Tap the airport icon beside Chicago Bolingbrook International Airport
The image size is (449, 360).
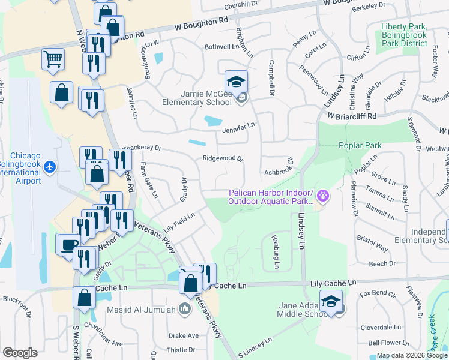[50, 166]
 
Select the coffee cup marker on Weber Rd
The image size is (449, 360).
[68, 244]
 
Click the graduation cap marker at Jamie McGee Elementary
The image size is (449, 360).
[236, 81]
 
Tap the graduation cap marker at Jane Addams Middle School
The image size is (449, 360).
[330, 301]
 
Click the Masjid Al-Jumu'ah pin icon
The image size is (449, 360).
[185, 309]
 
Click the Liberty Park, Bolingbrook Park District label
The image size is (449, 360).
[404, 35]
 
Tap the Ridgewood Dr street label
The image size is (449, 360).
[223, 158]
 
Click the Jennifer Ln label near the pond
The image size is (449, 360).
[239, 125]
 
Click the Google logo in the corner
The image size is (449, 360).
[20, 353]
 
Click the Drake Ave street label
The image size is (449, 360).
[183, 335]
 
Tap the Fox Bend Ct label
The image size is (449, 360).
[378, 294]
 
